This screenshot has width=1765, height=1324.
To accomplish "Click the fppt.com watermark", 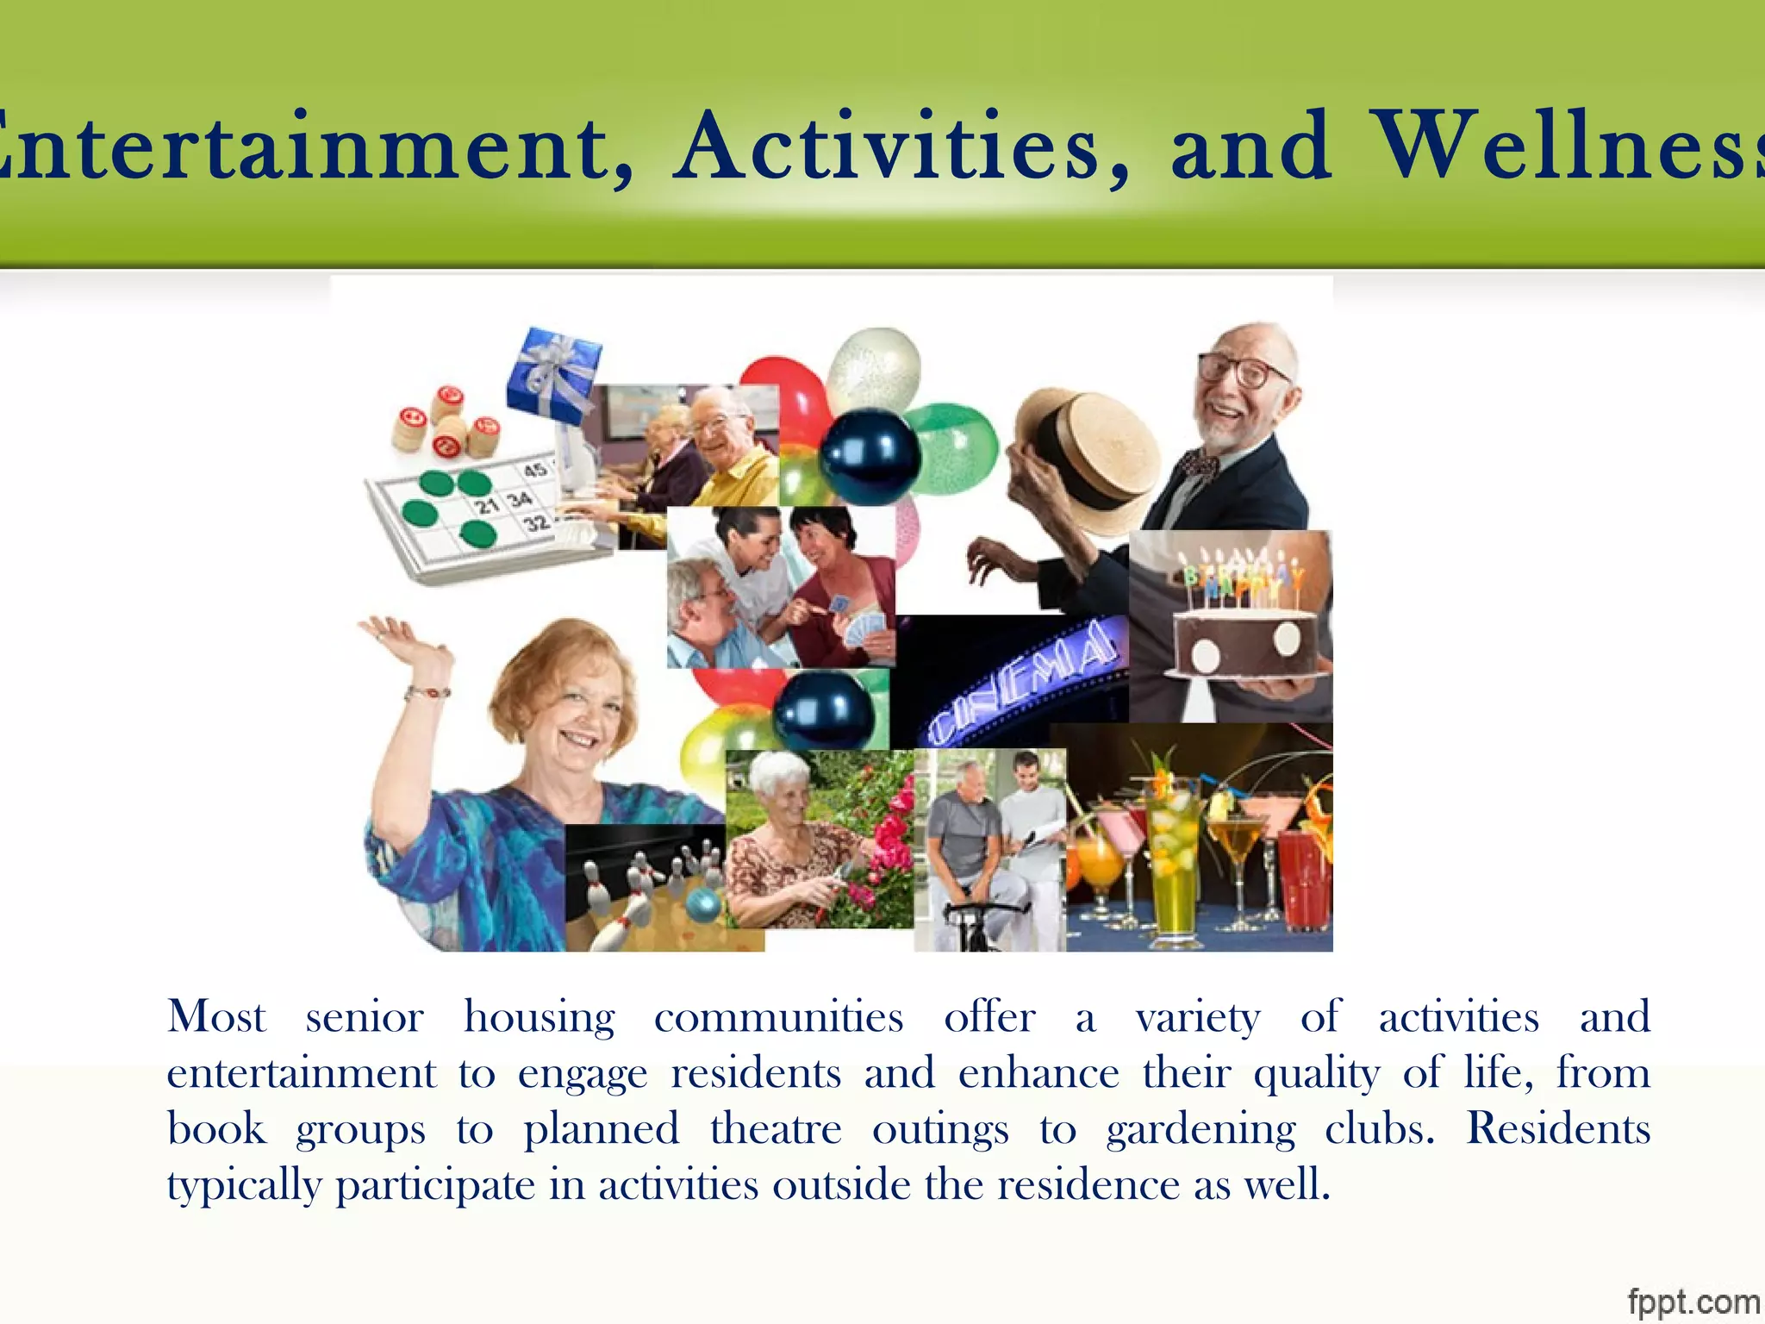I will [1693, 1301].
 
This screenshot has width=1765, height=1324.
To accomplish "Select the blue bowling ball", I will [704, 904].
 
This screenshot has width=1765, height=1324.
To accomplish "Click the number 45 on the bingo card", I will [535, 470].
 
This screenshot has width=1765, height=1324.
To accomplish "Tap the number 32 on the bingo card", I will [537, 522].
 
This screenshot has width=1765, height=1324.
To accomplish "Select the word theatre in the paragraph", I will [775, 1128].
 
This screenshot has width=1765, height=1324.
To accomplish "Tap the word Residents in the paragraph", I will [1558, 1128].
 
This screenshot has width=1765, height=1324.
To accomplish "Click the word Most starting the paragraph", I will [216, 1016].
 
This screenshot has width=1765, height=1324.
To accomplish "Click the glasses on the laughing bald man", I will [1241, 371].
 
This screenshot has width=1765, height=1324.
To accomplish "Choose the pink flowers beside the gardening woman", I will [888, 836].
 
